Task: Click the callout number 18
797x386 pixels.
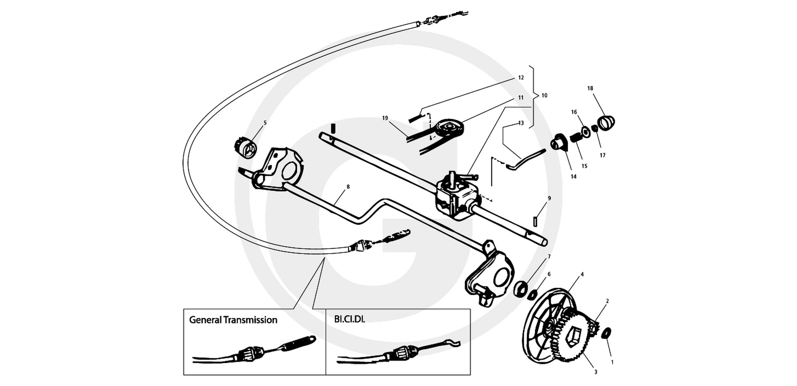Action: point(590,88)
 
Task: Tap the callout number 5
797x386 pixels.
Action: point(265,123)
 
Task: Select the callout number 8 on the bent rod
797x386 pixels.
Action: point(348,187)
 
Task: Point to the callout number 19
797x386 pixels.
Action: point(385,118)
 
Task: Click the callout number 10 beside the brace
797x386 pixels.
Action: point(544,95)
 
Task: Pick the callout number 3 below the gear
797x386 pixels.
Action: point(596,372)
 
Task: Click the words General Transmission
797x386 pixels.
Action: point(233,320)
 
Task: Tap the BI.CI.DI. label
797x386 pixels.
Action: point(350,320)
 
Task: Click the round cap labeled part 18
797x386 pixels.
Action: point(607,122)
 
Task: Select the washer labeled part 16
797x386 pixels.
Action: point(586,132)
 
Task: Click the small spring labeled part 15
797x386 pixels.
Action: point(576,137)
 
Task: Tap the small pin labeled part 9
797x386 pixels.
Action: point(535,221)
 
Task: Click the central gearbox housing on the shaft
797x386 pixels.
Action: point(457,196)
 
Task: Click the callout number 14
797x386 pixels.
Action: point(573,176)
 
